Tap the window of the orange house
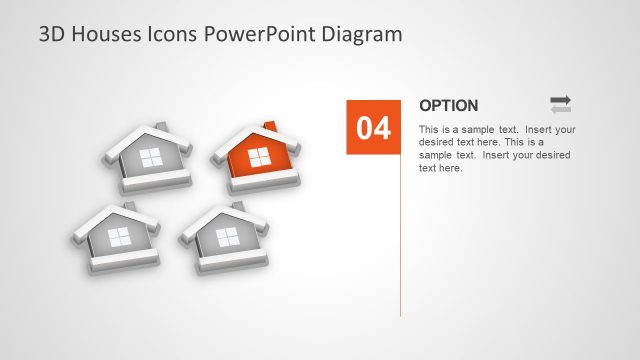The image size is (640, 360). tap(258, 157)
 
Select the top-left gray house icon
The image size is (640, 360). tap(148, 157)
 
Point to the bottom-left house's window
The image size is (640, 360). tap(119, 237)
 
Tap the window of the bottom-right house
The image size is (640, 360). tap(228, 237)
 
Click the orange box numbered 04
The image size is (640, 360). tap(373, 127)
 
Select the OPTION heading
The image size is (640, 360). tap(448, 105)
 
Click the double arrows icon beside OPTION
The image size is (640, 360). tap(560, 103)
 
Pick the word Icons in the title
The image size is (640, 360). tap(173, 34)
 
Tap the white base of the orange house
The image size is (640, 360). tap(262, 181)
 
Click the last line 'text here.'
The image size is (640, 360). tap(440, 168)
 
